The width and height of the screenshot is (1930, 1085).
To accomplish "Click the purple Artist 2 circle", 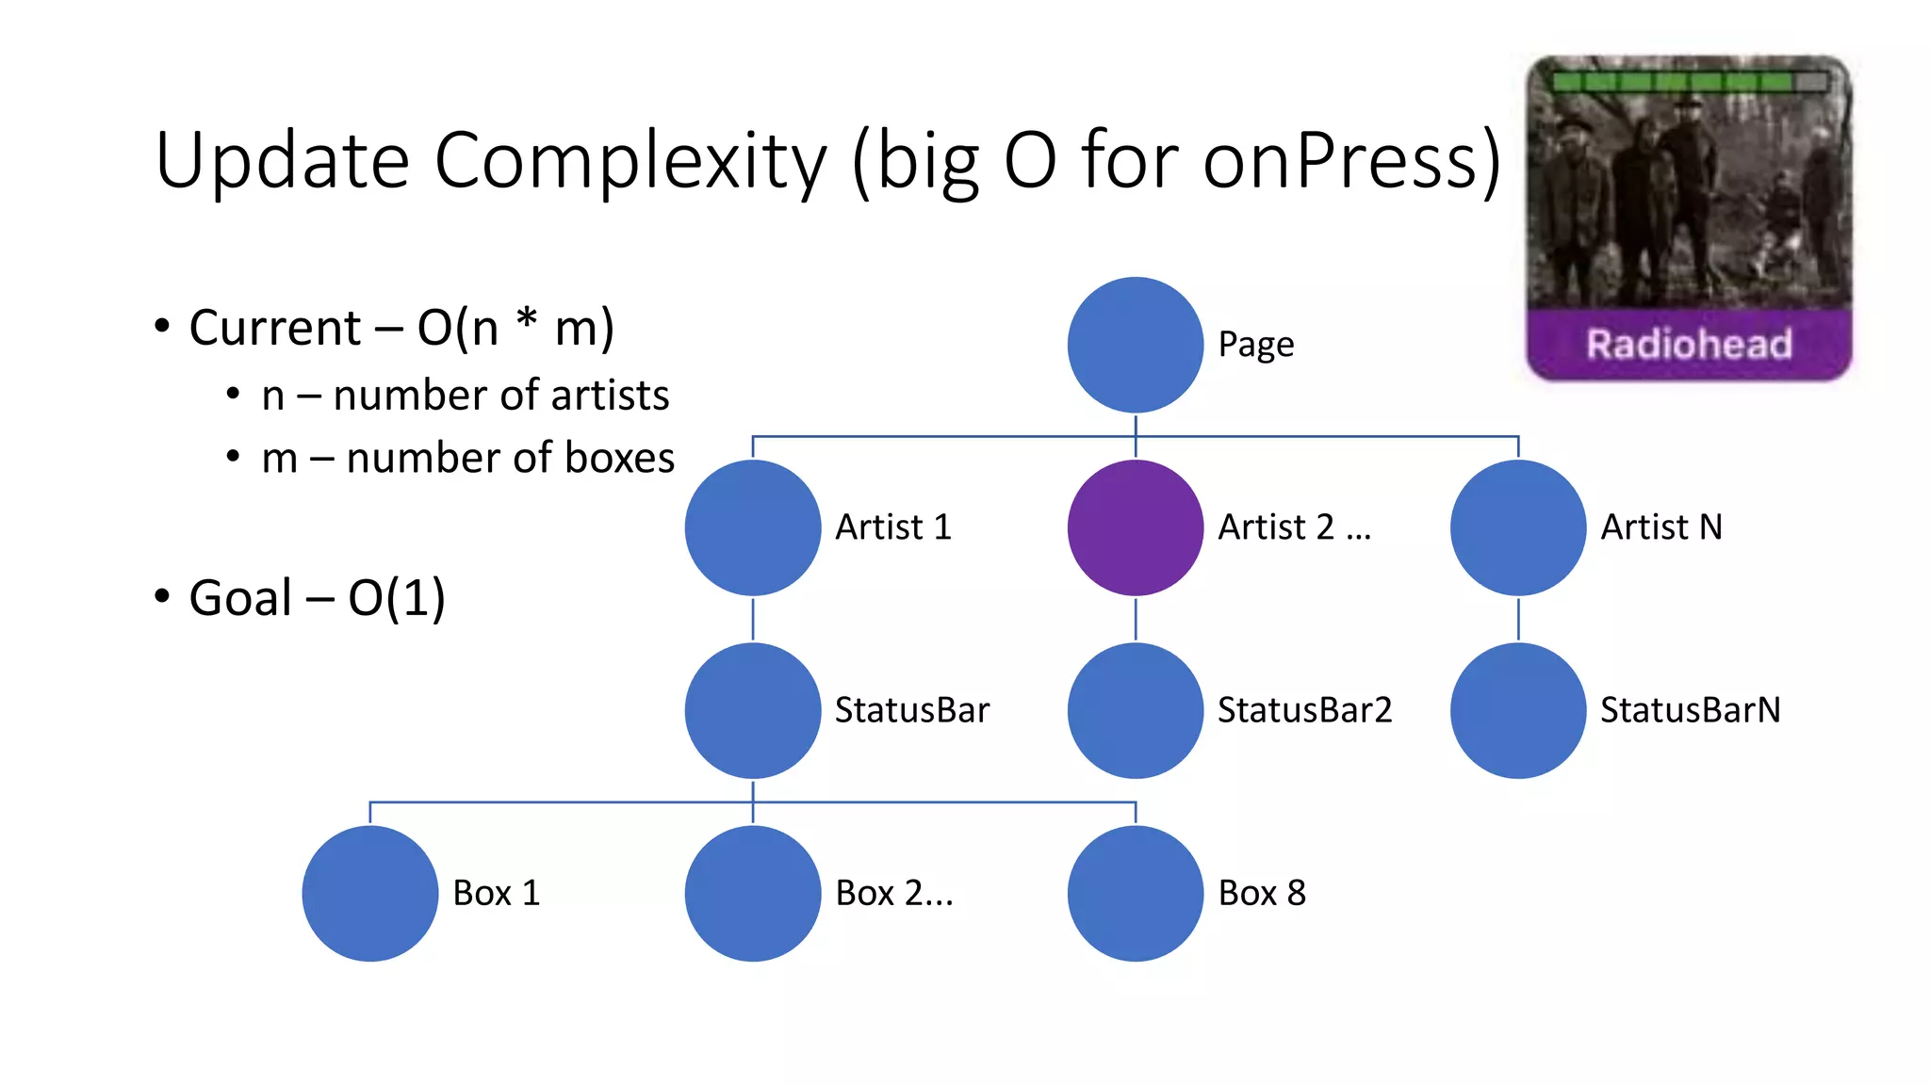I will click(x=1135, y=527).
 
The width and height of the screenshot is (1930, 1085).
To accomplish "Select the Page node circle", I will click(x=1135, y=345).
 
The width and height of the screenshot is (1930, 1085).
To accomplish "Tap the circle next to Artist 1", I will click(x=752, y=527).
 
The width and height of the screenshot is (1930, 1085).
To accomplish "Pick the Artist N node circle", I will click(x=1517, y=527).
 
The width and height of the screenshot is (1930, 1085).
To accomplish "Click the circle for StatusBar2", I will click(x=1135, y=710).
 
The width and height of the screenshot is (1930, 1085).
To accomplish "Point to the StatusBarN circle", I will click(x=1517, y=710).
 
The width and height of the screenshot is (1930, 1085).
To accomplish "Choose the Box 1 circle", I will click(x=369, y=893).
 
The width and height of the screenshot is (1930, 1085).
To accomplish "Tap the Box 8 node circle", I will click(x=1135, y=893).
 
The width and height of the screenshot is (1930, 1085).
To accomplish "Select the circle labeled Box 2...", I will click(x=752, y=893).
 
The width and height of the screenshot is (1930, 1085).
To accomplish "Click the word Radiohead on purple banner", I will click(x=1689, y=345).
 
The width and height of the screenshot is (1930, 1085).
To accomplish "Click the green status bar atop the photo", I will click(x=1689, y=82).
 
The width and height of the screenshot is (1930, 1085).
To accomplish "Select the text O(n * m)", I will click(x=515, y=329).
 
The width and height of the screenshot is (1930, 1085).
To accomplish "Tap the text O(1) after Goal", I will click(x=396, y=598).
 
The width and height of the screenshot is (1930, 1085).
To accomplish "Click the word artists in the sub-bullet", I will click(x=610, y=396).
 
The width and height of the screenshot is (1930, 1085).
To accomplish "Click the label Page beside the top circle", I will click(x=1255, y=345).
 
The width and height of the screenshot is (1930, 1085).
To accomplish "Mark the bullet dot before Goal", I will click(x=162, y=596).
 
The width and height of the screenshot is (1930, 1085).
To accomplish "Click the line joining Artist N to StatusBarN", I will click(x=1517, y=619).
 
